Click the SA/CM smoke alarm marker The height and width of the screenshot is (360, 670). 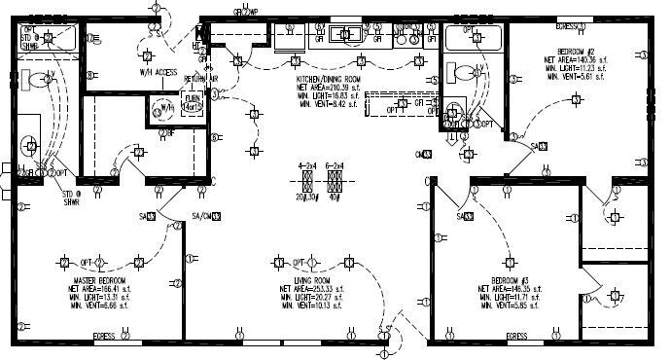(202, 215)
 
